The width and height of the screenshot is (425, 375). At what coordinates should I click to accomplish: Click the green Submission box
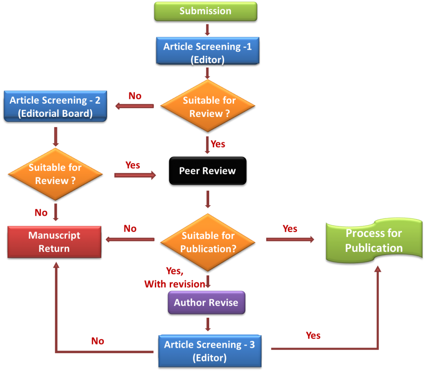[x=205, y=11]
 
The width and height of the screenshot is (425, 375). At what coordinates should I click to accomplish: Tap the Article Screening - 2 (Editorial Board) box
[x=55, y=106]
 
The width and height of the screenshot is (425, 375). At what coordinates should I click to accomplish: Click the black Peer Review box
[x=208, y=171]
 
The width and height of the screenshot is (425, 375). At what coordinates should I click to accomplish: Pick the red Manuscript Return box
[x=54, y=242]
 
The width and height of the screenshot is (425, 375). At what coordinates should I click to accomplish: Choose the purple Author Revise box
[x=206, y=302]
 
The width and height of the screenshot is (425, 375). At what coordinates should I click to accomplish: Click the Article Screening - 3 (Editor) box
[x=210, y=351]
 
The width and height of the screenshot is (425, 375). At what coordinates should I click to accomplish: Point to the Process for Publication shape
[x=374, y=241]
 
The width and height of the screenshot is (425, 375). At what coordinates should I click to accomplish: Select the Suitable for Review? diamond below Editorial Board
[x=55, y=174]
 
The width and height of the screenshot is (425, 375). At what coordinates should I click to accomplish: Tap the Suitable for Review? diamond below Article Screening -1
[x=208, y=106]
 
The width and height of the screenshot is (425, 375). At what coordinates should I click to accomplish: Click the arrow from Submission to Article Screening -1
[x=208, y=29]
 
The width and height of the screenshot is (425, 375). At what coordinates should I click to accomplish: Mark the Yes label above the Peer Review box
[x=218, y=144]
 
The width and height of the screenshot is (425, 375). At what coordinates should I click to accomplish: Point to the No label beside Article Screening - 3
[x=98, y=341]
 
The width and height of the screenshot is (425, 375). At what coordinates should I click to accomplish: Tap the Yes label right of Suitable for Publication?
[x=290, y=228]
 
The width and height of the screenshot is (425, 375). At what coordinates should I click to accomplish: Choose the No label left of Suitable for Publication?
[x=130, y=228]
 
